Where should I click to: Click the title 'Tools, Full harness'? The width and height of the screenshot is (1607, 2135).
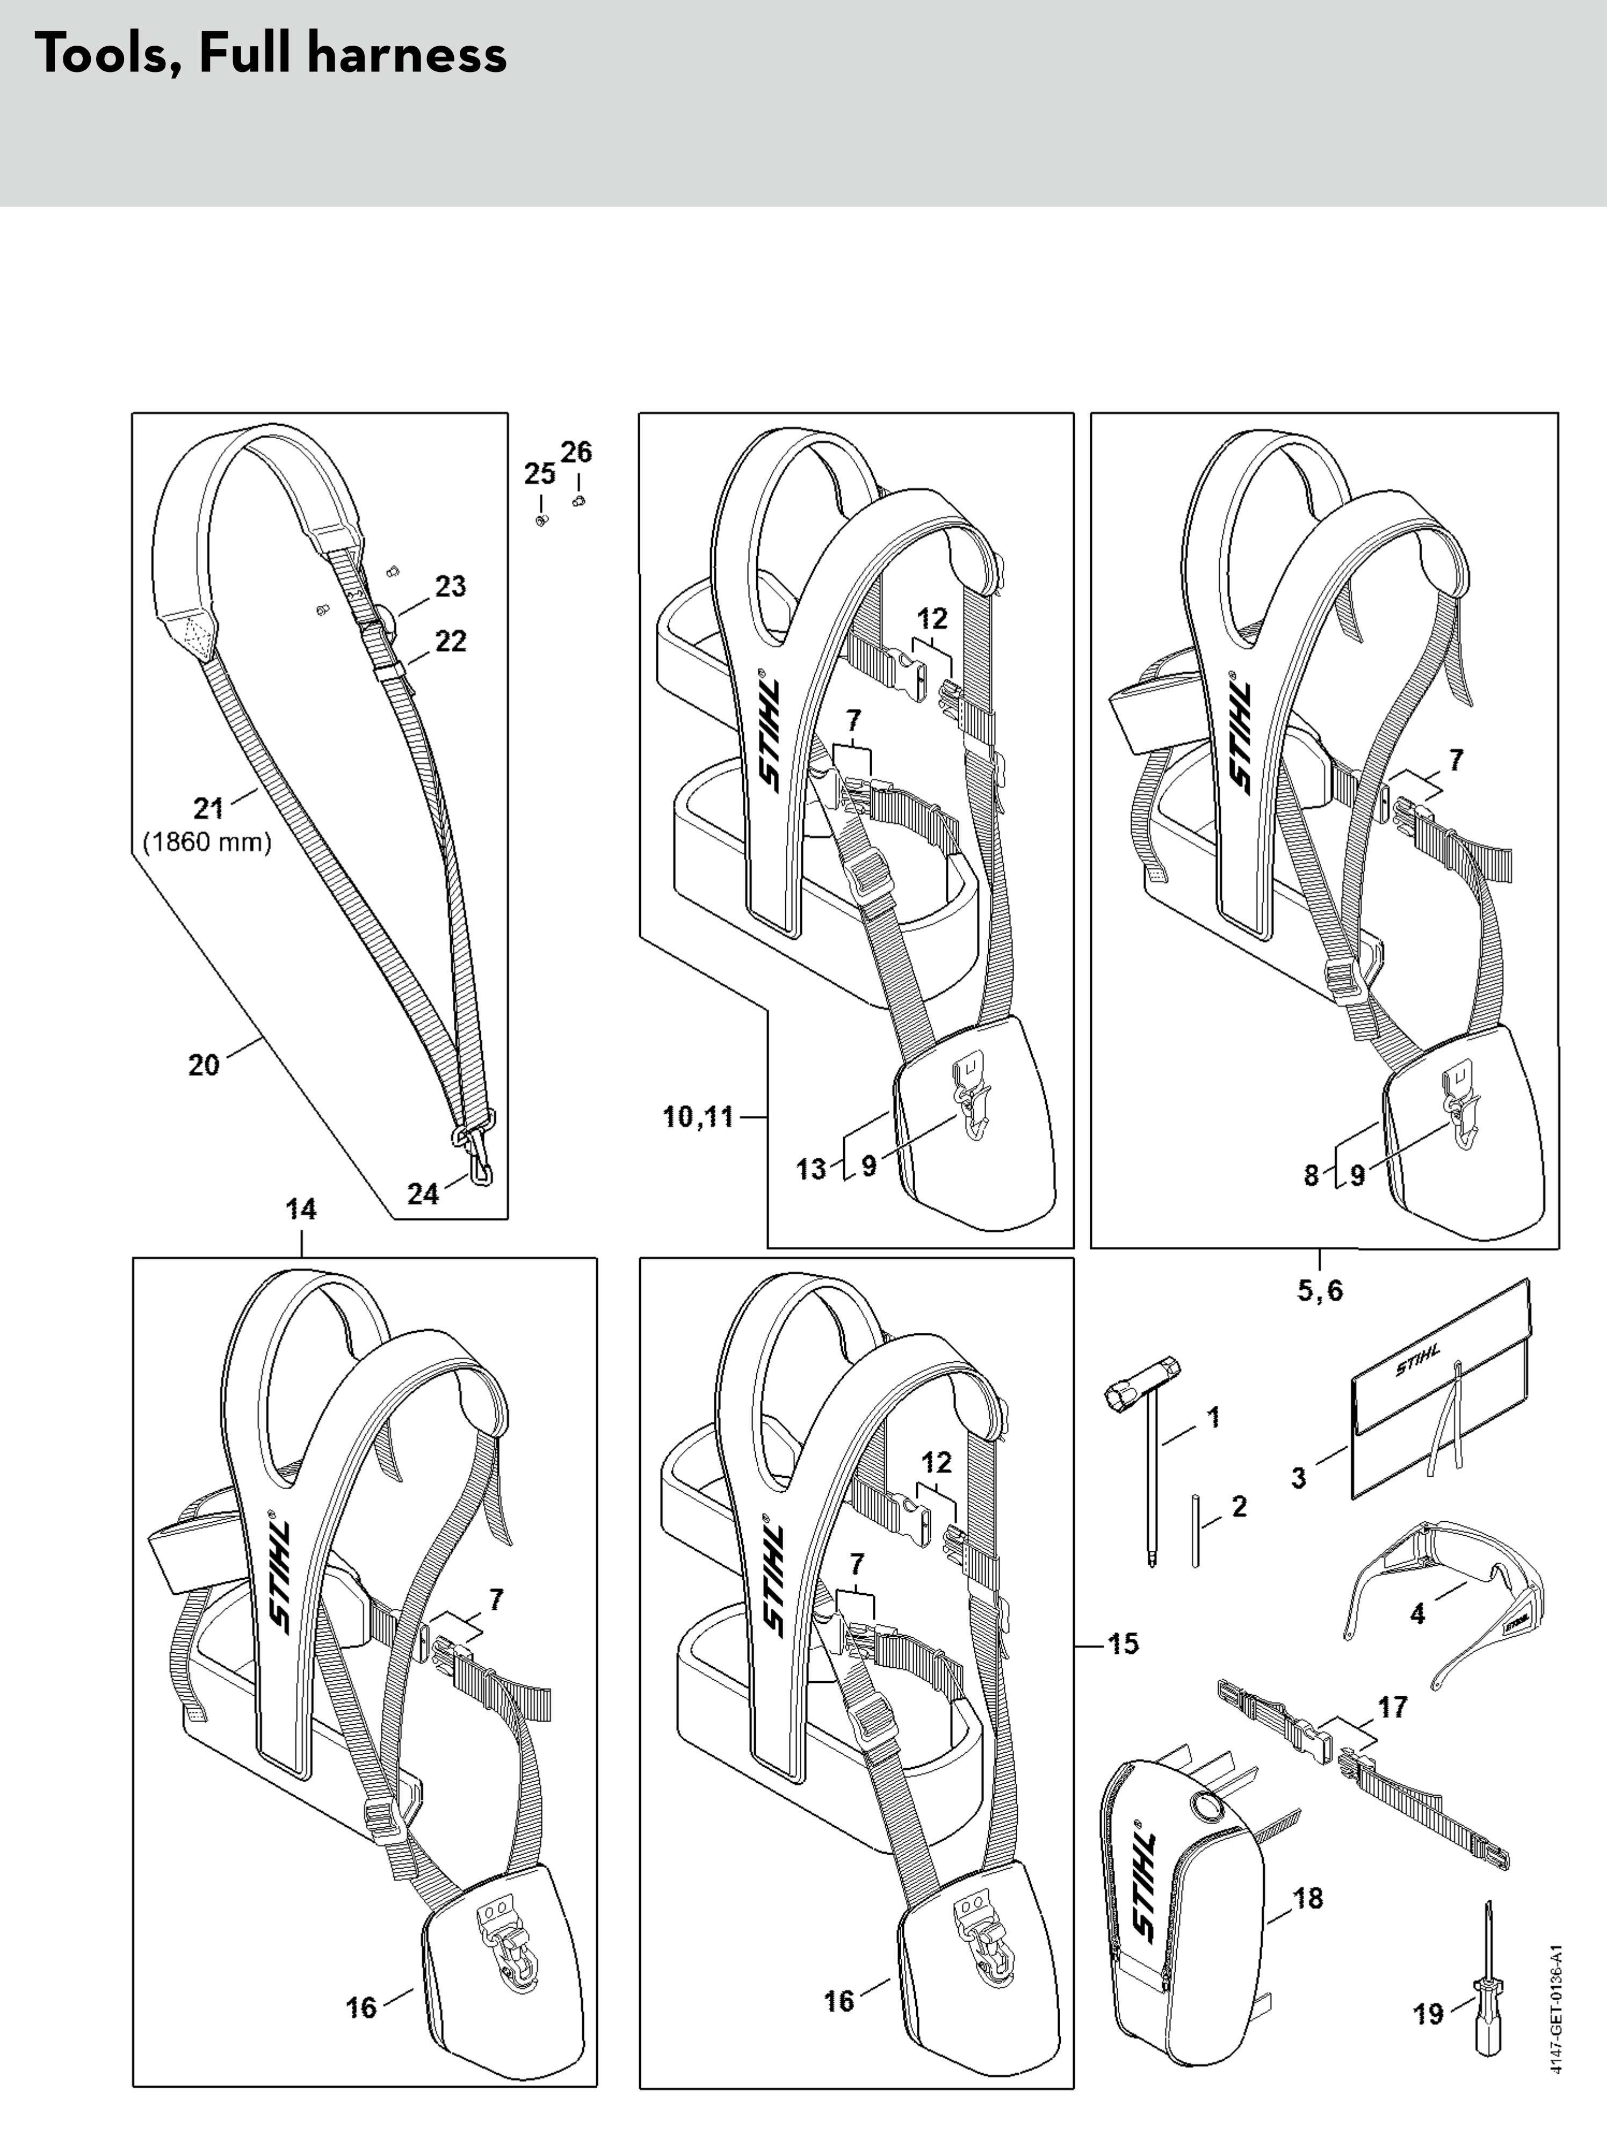270,55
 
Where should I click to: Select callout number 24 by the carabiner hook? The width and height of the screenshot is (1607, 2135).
423,1194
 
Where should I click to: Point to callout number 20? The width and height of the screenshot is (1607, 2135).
204,1065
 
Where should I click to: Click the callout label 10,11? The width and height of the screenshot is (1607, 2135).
699,1117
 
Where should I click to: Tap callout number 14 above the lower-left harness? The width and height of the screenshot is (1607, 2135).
301,1209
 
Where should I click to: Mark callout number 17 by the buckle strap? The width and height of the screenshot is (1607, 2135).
1392,1708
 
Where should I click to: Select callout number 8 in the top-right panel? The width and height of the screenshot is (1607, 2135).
1311,1175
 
